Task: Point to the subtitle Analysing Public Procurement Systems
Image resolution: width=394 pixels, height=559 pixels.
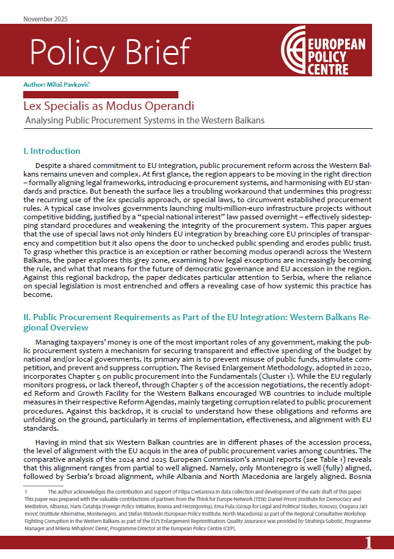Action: click(x=145, y=120)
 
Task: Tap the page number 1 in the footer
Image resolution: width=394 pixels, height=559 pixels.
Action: click(x=368, y=543)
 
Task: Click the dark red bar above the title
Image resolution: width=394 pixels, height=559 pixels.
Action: click(x=100, y=94)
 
